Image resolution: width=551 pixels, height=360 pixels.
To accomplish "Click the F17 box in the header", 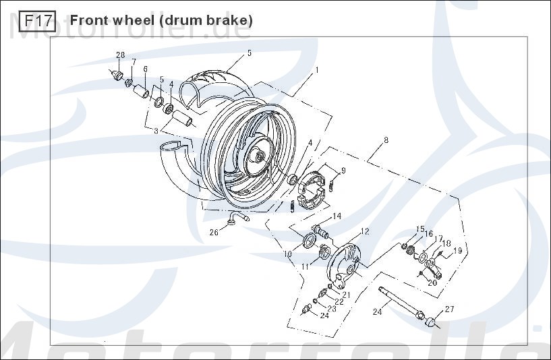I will (37, 21).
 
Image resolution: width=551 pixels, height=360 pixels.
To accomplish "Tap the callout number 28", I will (121, 55).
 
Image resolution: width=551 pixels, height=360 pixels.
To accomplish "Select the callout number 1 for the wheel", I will (316, 70).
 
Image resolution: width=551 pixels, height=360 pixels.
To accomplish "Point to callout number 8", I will (386, 141).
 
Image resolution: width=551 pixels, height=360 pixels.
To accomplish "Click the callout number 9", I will (343, 170).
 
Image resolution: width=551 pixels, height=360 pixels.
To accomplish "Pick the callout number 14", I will (337, 216).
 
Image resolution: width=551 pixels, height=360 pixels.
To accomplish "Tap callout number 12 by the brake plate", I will (365, 231).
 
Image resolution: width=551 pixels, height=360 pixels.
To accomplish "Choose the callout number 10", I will (287, 254).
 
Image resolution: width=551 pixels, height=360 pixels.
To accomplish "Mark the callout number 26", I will (213, 233).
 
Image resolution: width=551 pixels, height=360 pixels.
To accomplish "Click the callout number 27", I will (448, 309).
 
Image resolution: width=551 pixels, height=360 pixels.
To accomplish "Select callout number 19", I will (457, 251).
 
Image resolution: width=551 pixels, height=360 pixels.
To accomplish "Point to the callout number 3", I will (156, 131).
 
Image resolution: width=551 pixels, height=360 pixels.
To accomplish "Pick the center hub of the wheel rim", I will (259, 156).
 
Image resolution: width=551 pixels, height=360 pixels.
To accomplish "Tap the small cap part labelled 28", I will (116, 74).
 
